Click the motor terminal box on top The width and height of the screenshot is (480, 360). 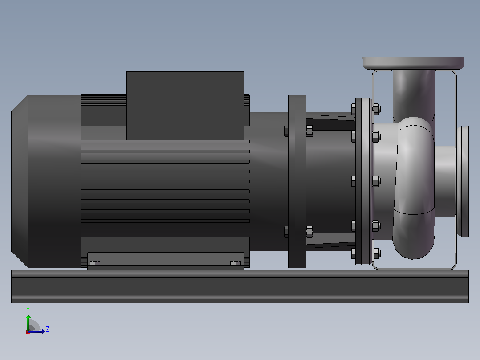click(185, 106)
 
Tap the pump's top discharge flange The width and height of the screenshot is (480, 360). click(413, 63)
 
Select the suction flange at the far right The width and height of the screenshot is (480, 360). click(463, 181)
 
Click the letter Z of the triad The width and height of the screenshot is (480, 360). click(48, 329)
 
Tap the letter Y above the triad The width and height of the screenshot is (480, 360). click(28, 310)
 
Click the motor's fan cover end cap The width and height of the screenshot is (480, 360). click(20, 181)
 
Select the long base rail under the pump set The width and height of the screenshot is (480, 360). click(240, 286)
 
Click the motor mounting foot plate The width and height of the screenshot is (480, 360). click(166, 261)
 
